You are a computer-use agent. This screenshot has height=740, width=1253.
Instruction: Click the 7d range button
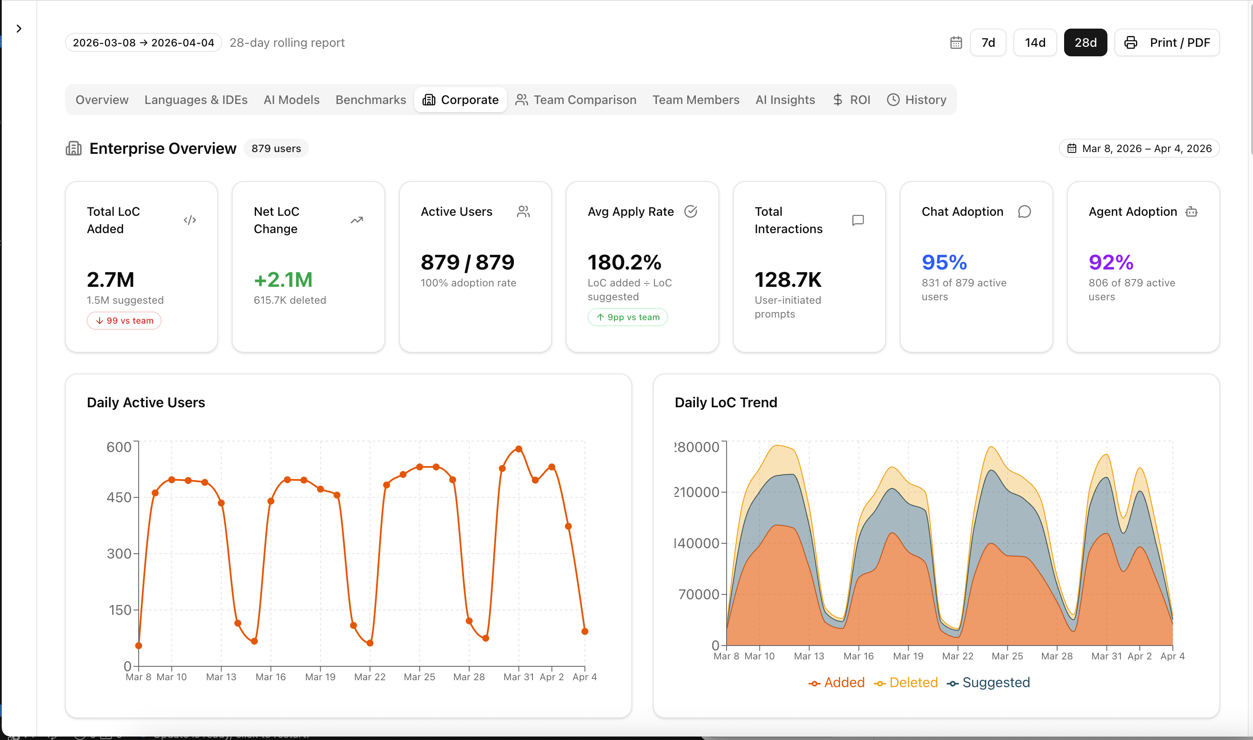[x=988, y=42]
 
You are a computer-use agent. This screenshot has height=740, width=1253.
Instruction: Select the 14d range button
[x=1035, y=42]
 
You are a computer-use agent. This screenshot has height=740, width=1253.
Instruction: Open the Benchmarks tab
[x=370, y=100]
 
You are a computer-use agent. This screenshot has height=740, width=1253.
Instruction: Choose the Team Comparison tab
[x=576, y=100]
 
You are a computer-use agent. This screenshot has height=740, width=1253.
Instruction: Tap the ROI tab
[x=852, y=100]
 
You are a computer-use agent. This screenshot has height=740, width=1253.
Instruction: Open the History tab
[x=916, y=100]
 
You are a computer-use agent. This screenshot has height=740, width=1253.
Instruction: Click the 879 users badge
[x=276, y=149]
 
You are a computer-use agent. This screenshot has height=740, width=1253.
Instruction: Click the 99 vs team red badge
[x=124, y=321]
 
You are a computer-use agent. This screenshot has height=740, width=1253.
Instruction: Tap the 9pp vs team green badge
[x=628, y=317]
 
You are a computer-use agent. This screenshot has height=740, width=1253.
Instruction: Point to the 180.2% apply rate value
[x=624, y=262]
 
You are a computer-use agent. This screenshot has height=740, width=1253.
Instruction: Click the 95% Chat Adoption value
[x=944, y=262]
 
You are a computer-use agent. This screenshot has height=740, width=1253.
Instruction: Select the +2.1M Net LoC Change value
[x=283, y=280]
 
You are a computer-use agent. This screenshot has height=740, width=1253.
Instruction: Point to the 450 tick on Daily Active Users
[x=119, y=497]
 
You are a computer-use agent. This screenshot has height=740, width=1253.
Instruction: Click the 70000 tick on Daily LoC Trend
[x=698, y=594]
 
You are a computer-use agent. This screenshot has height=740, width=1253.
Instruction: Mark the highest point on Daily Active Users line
[x=519, y=449]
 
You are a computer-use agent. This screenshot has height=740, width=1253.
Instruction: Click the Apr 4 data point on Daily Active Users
[x=585, y=631]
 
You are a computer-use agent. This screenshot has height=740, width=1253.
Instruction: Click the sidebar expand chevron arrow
[x=19, y=29]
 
